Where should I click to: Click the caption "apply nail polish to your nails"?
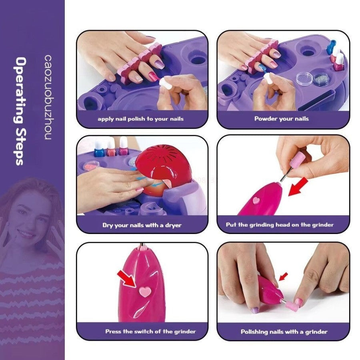(140, 119)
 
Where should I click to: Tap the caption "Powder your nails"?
(282, 119)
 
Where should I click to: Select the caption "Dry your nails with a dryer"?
(142, 225)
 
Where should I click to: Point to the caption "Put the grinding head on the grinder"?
(280, 224)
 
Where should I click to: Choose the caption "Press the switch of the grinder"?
(151, 331)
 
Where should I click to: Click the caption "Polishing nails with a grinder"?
(284, 332)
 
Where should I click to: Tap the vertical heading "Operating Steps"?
(20, 111)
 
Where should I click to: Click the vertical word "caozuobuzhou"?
(48, 97)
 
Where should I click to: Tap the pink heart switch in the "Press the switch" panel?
(145, 291)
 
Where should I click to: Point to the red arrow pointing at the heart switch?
(127, 278)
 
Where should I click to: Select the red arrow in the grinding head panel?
(298, 186)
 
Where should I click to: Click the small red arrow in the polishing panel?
(283, 276)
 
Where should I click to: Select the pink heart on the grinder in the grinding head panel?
(256, 200)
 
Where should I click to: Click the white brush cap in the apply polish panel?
(165, 83)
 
